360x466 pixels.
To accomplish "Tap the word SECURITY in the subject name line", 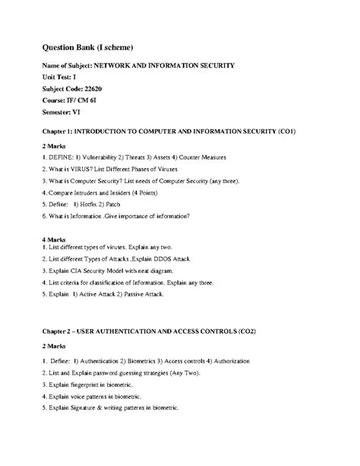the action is pyautogui.click(x=214, y=66).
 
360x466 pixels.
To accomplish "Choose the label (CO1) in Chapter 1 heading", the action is pyautogui.click(x=286, y=132).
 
